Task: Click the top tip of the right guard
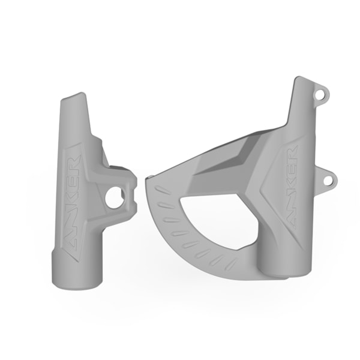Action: (303, 83)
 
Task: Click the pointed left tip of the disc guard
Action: (149, 180)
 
